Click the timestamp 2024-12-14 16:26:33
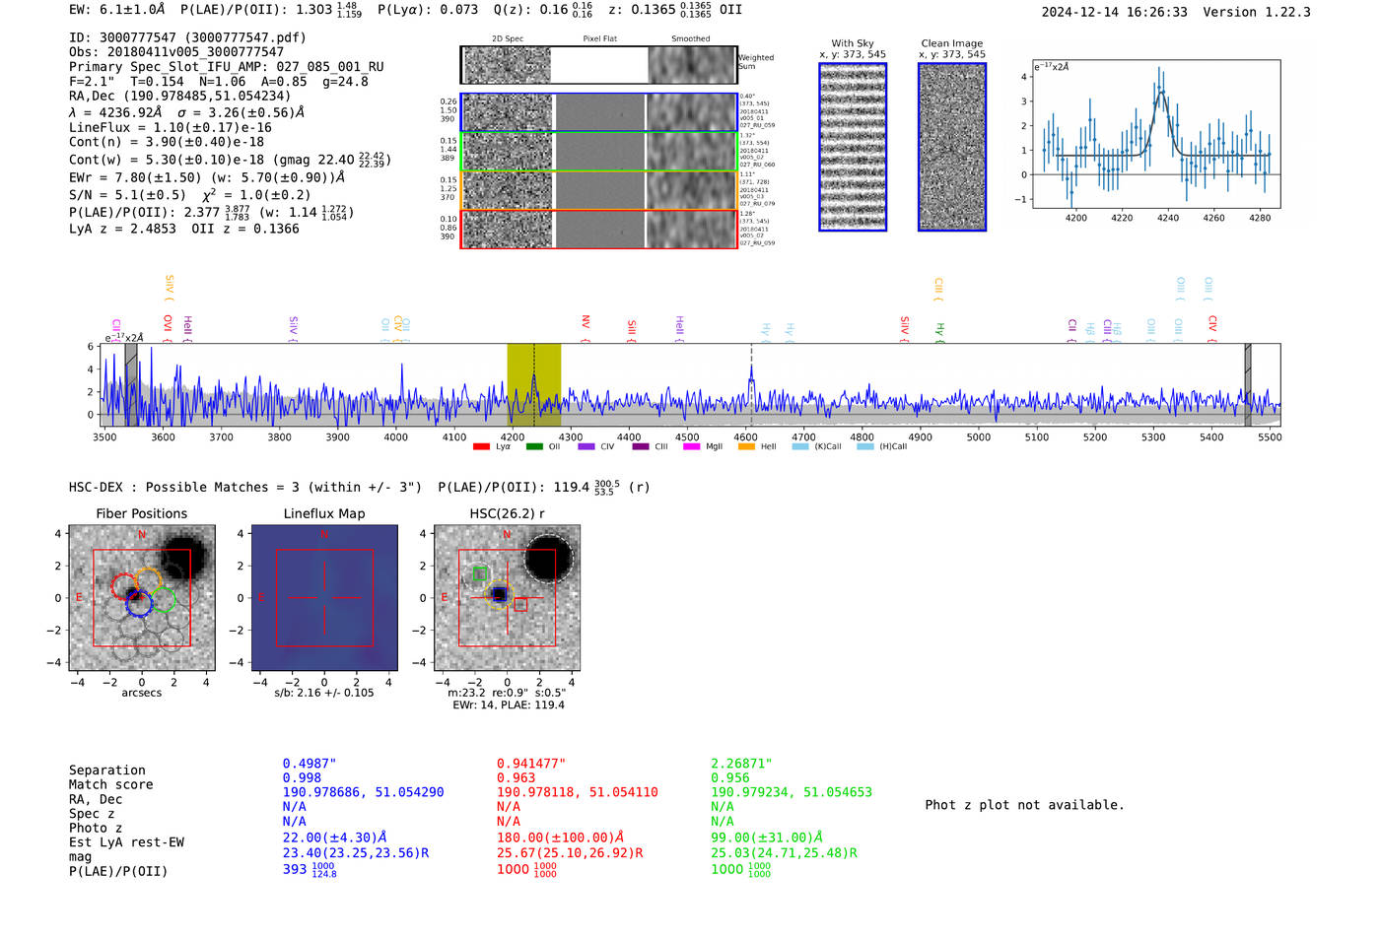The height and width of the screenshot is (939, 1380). (1114, 12)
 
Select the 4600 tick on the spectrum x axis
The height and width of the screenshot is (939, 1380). (745, 436)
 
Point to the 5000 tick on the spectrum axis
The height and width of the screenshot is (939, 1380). (978, 436)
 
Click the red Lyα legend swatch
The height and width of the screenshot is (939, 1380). (481, 447)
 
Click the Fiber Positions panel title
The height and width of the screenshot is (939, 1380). (141, 513)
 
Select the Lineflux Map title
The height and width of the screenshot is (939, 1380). (323, 513)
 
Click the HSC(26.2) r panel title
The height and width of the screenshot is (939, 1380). (507, 513)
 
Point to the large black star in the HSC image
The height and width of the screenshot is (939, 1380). (548, 560)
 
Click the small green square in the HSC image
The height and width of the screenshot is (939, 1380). (479, 573)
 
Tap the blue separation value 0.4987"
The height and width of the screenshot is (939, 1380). (309, 764)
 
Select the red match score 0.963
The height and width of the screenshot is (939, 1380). (516, 778)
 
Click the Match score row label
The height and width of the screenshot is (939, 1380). (110, 784)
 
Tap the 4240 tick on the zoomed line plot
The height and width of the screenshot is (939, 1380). (1167, 218)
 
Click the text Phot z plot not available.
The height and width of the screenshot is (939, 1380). (1024, 805)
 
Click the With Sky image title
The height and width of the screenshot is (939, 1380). (852, 43)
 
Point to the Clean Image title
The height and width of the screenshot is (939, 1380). (951, 43)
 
